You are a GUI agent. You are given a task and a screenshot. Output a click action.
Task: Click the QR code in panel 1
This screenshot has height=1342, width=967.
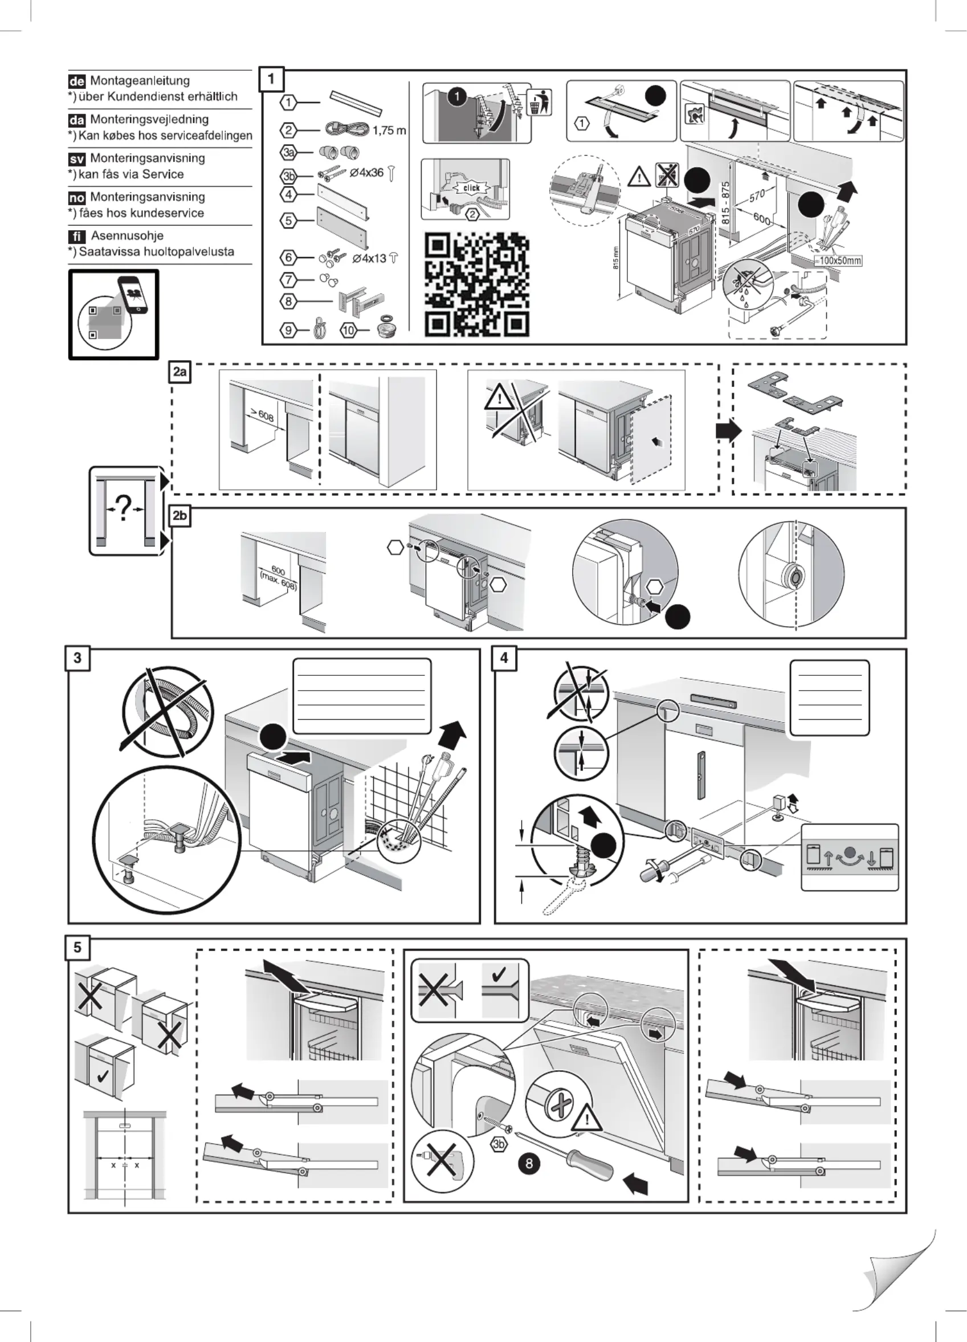point(476,284)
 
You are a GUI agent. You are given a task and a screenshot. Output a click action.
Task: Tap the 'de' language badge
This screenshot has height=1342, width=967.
point(77,81)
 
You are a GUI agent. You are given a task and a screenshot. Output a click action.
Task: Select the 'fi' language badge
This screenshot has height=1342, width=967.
point(77,236)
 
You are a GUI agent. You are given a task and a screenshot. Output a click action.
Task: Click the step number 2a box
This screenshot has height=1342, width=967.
point(180,372)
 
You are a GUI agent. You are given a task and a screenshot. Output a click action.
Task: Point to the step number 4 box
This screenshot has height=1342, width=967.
point(504,658)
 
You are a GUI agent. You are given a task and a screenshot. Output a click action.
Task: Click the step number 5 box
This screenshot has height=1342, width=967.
point(77,947)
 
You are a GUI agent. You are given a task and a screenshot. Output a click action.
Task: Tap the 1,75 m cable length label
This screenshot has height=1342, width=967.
point(389,130)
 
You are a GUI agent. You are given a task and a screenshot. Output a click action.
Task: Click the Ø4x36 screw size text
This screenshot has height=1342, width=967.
point(367,173)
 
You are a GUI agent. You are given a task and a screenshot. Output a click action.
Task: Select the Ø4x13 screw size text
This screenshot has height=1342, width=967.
point(369,259)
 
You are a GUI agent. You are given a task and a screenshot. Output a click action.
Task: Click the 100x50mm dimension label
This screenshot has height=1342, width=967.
point(838,260)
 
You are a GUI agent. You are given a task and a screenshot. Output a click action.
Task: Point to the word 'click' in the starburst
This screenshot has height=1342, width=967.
point(472,188)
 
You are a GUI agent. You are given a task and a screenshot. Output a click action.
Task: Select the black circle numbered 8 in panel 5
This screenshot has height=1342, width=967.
point(529,1163)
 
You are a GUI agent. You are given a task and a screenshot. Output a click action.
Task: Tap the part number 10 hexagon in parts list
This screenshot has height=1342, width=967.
point(348,330)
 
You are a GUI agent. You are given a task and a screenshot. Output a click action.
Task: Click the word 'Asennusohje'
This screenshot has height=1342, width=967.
point(127,236)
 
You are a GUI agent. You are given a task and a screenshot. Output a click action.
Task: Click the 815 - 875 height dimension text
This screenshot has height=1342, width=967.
point(725,202)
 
